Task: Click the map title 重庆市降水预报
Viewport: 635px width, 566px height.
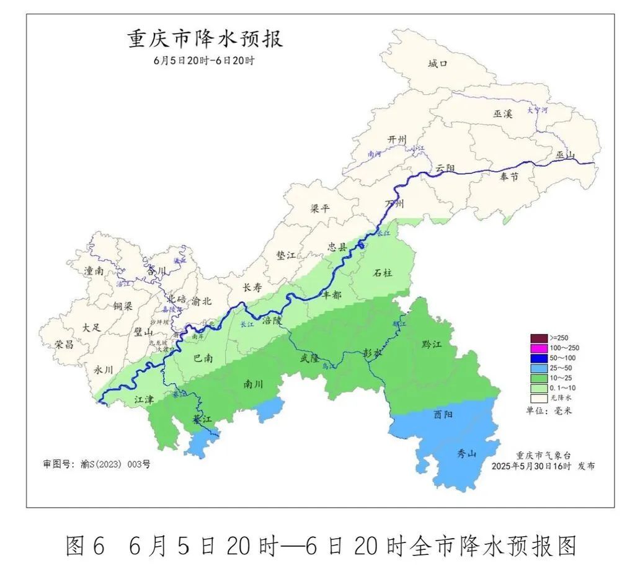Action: coord(205,39)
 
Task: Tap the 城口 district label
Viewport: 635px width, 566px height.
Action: coord(437,63)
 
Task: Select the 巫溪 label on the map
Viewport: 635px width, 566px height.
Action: coord(503,113)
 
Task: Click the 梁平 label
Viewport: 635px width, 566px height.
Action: coord(321,208)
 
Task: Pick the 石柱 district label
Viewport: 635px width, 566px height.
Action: coord(383,273)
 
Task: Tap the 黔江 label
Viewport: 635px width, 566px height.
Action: coord(431,344)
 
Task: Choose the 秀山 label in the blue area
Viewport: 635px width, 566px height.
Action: coord(466,454)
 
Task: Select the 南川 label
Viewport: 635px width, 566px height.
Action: coord(253,384)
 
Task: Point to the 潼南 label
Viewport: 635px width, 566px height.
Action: coord(94,271)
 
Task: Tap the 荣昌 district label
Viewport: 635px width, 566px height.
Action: coord(64,344)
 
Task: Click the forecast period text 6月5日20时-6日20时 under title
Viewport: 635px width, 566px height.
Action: coord(205,60)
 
